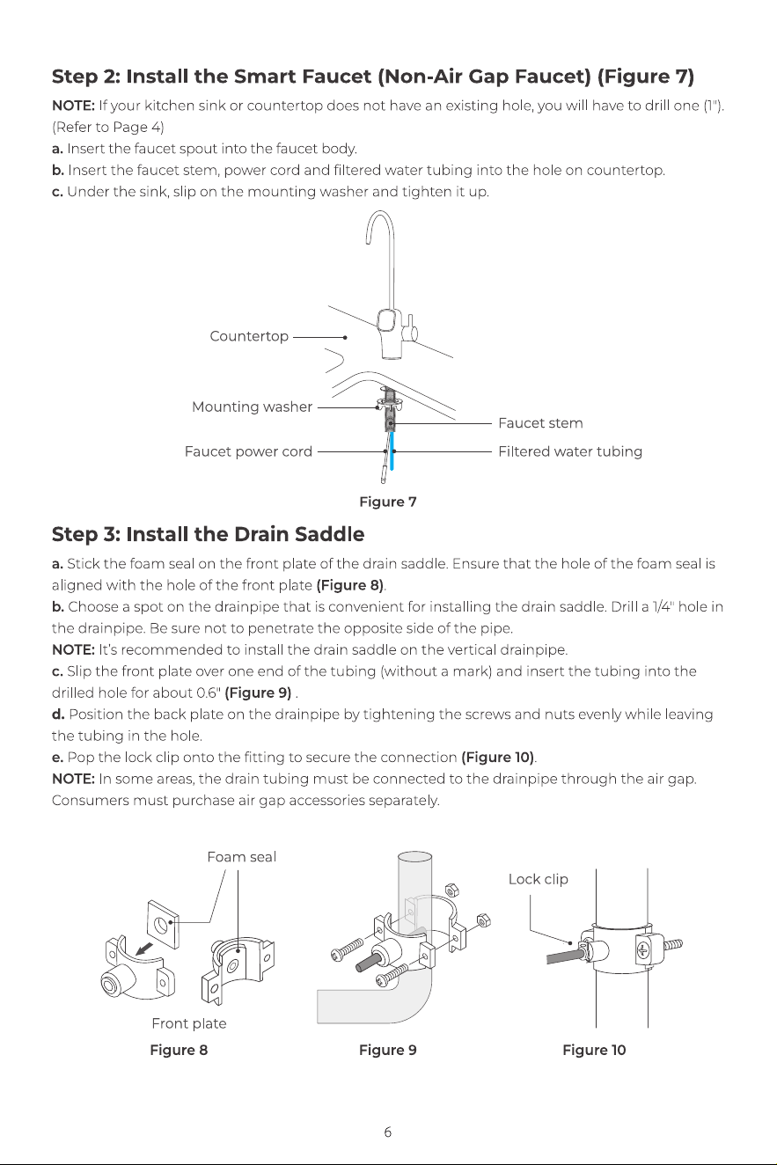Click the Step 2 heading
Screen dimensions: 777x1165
(373, 77)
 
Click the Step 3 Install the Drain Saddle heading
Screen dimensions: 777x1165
(208, 534)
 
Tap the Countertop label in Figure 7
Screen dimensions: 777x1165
(249, 336)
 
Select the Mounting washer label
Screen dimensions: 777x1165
(252, 407)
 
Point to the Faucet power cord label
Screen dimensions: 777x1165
(248, 451)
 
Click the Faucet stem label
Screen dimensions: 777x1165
(540, 423)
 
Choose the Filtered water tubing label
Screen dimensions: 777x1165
(570, 451)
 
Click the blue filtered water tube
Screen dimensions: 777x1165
(392, 451)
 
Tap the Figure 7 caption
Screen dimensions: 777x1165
(388, 502)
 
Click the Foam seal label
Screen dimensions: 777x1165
(241, 856)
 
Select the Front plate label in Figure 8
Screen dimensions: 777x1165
(189, 1023)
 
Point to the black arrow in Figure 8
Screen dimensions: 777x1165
(144, 949)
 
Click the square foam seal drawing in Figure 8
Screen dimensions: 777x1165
(164, 924)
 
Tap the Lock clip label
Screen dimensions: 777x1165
(539, 879)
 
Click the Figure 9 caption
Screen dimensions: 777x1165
(388, 1050)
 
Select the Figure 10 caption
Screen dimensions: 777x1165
(594, 1050)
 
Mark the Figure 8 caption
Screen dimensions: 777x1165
(179, 1050)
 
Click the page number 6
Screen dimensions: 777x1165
(388, 1132)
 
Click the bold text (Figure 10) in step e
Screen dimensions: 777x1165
(498, 758)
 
